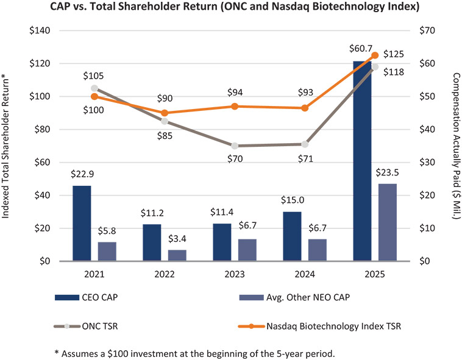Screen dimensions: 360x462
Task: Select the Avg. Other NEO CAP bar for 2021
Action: (x=107, y=251)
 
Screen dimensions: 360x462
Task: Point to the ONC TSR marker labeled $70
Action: (x=235, y=146)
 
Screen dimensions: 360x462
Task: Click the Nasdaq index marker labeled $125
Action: (x=375, y=55)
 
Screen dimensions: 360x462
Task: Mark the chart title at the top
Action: (x=231, y=9)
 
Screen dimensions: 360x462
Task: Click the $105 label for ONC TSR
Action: (x=94, y=76)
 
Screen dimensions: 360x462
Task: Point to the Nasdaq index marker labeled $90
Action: (x=165, y=113)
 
